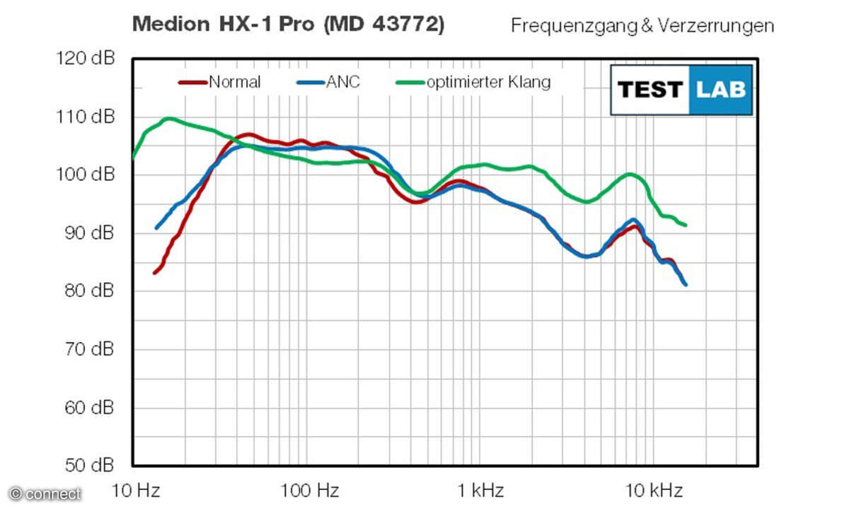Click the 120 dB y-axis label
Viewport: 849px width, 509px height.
(84, 59)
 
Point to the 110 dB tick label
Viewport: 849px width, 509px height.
(84, 117)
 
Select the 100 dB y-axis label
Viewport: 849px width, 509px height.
(84, 175)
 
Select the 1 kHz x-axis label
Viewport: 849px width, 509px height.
(481, 490)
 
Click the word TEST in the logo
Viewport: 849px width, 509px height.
(649, 90)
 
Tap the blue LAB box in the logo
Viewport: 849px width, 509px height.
(720, 90)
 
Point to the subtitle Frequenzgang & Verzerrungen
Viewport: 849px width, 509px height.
(642, 26)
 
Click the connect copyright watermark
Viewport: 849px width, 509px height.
(45, 494)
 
